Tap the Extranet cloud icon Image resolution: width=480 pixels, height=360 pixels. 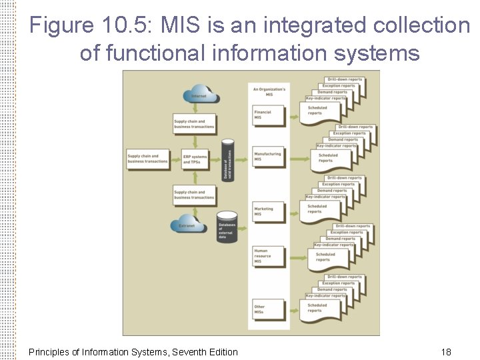[x=187, y=223]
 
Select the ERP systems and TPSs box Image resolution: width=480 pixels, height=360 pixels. [x=195, y=159]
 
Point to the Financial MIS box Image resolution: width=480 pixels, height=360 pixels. [x=267, y=115]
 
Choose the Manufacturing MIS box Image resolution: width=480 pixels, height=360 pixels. [x=267, y=157]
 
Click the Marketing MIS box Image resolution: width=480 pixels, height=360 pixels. [x=267, y=211]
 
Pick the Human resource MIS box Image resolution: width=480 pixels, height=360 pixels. [x=267, y=256]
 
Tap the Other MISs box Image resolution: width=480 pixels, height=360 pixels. [x=267, y=309]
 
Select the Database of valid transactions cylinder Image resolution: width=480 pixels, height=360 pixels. [x=228, y=160]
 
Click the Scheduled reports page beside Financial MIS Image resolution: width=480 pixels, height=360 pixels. [x=323, y=113]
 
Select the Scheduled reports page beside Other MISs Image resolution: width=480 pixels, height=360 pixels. [x=323, y=309]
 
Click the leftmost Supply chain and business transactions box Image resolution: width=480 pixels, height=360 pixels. [x=147, y=159]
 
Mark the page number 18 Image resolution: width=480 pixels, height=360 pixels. [x=446, y=352]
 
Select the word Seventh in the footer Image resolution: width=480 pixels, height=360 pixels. [x=188, y=352]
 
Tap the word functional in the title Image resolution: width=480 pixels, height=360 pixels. [x=170, y=53]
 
